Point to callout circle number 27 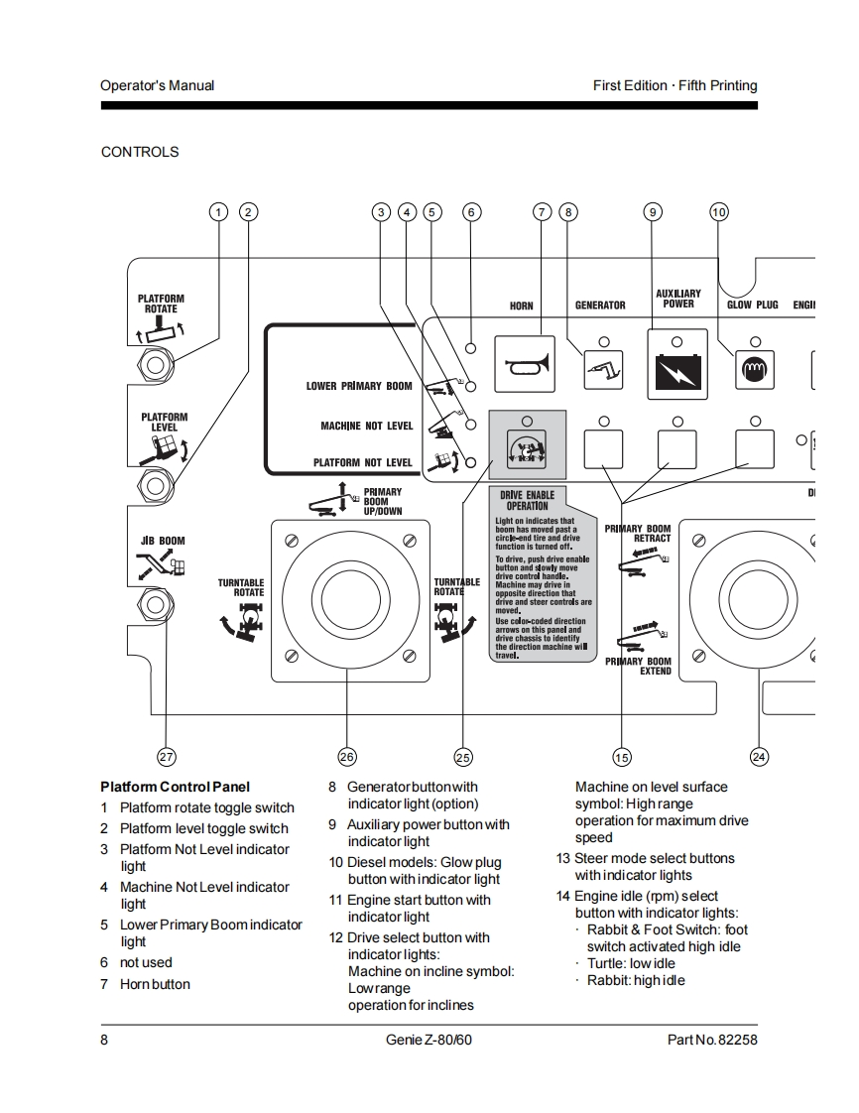coord(167,757)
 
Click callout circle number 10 coord(719,211)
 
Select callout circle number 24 coord(759,757)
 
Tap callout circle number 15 coord(622,757)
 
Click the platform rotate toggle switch coord(155,365)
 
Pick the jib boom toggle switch coord(155,601)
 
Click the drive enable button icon coord(527,448)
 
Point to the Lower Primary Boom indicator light coord(472,386)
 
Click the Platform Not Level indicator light coord(472,462)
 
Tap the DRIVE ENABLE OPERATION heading coord(527,499)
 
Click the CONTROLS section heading coord(140,152)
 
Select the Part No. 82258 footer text coord(712,1040)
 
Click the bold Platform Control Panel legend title coord(175,787)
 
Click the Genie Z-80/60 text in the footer coord(429,1040)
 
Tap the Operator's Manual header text coord(157,85)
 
